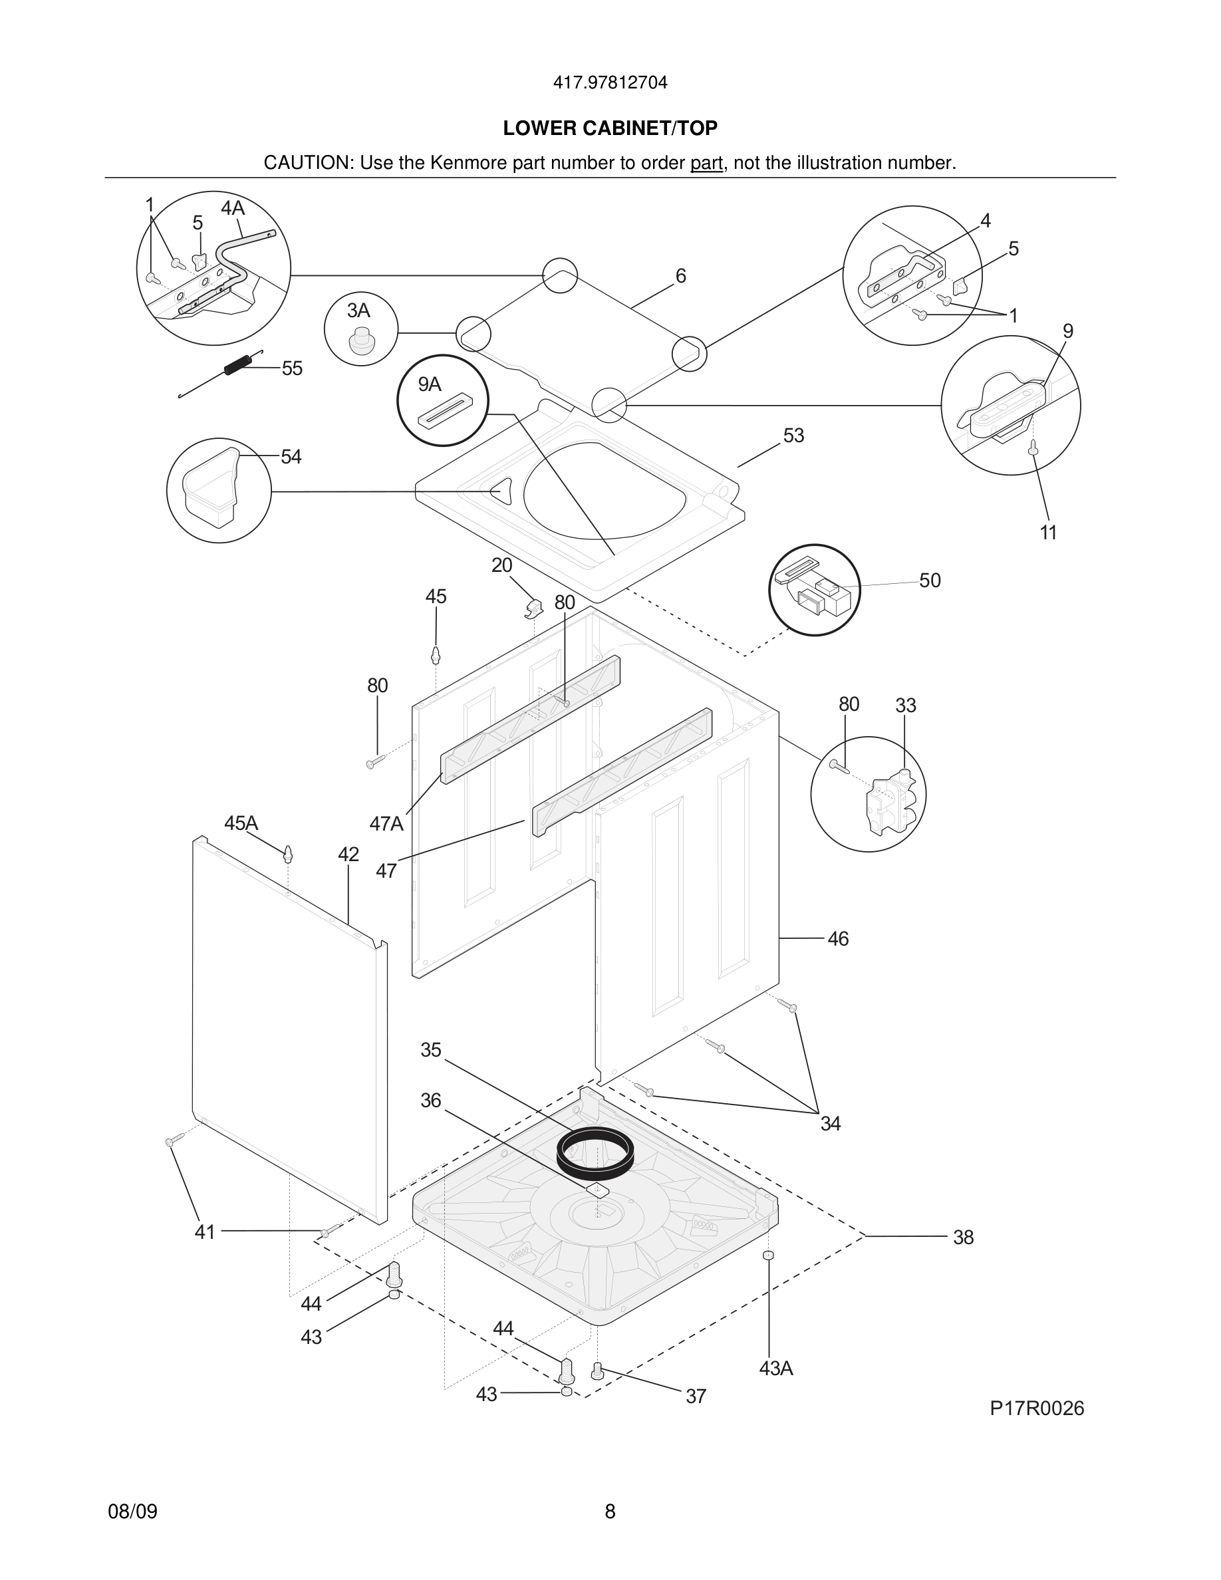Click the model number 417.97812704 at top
point(610,82)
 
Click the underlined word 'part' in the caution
point(706,163)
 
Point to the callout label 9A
point(430,384)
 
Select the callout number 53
point(793,436)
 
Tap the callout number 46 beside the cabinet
point(838,939)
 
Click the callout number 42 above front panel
point(348,855)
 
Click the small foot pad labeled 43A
point(769,1255)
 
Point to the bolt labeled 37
point(597,1369)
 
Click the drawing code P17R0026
point(1037,1408)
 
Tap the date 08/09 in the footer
point(132,1512)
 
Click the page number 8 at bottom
point(610,1512)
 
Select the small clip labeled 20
point(533,607)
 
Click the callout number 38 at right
point(963,1237)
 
